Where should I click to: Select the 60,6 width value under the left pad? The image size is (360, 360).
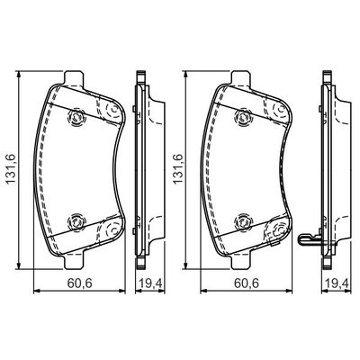pyautogui.click(x=78, y=304)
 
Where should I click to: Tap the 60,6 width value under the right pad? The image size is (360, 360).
pyautogui.click(x=245, y=304)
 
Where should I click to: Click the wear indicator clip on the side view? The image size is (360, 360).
pyautogui.click(x=310, y=240)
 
